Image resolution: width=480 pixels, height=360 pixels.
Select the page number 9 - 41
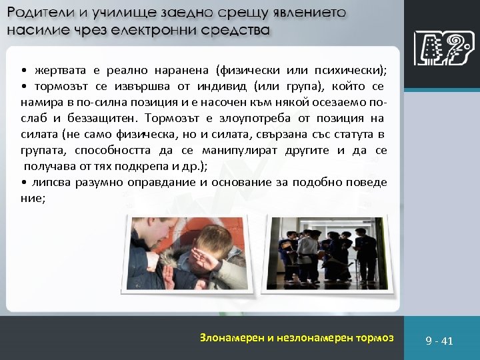click(x=439, y=341)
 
